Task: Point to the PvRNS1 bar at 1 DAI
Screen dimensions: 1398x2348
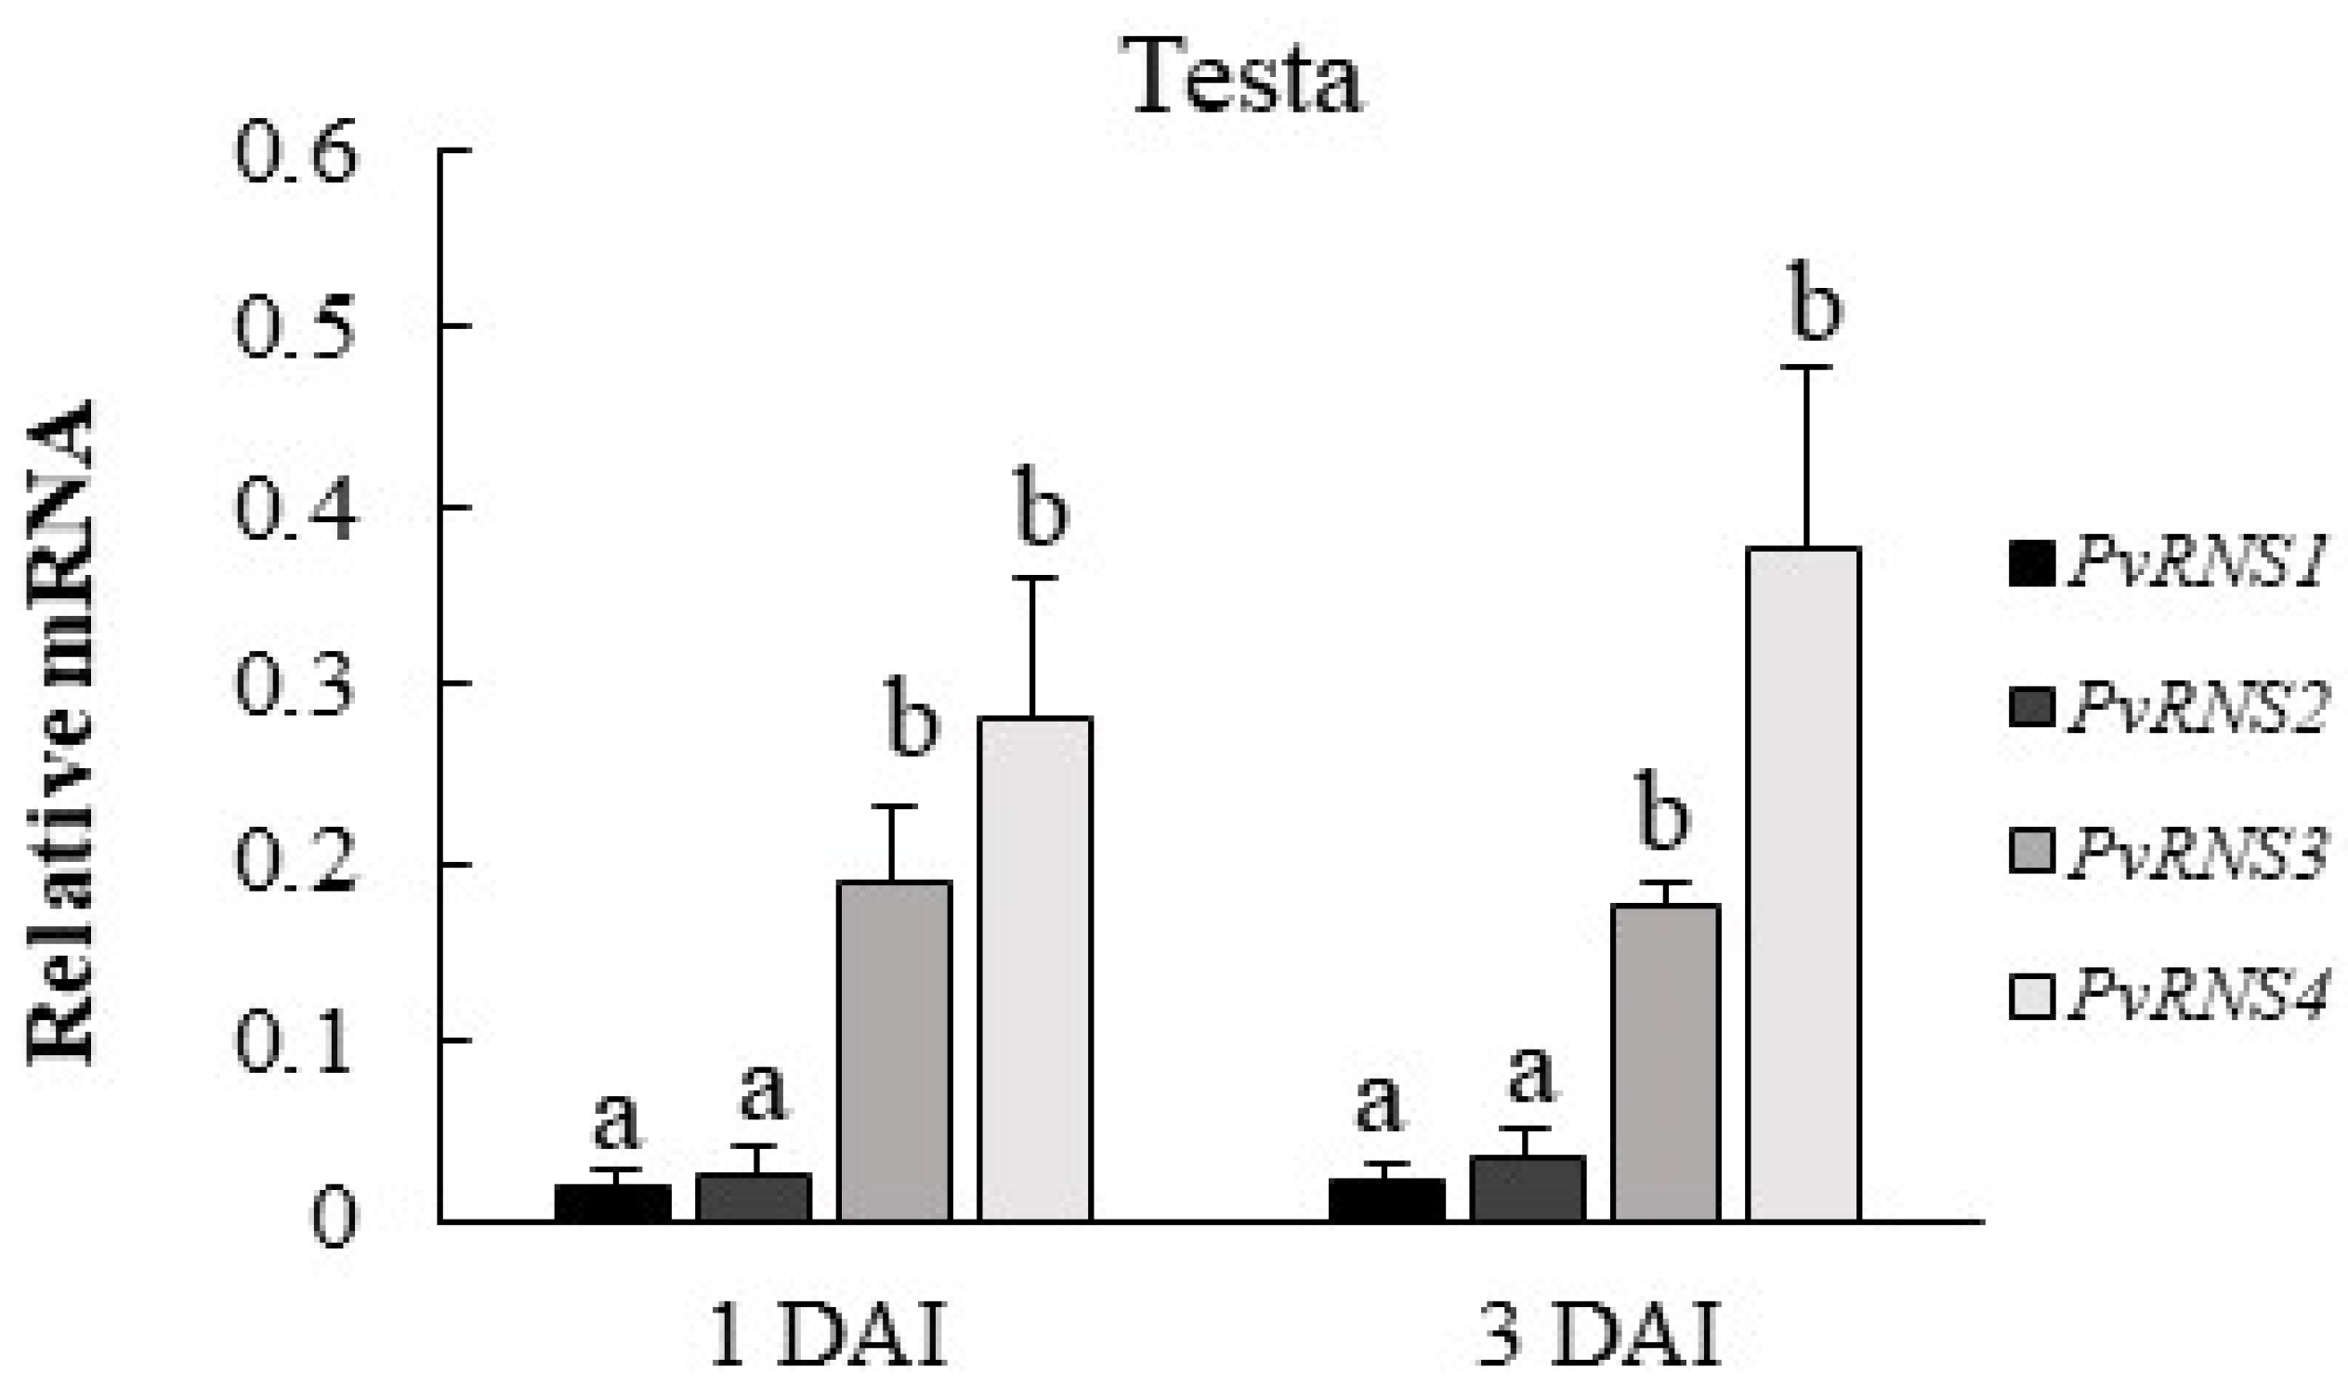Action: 613,1203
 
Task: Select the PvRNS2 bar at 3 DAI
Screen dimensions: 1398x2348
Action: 1528,1189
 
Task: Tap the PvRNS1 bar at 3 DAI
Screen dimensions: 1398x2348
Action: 1387,1200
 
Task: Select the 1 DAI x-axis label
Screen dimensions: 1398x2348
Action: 826,1337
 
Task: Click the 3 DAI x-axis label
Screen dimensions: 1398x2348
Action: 1600,1337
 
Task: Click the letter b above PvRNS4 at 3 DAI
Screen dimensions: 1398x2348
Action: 1814,305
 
